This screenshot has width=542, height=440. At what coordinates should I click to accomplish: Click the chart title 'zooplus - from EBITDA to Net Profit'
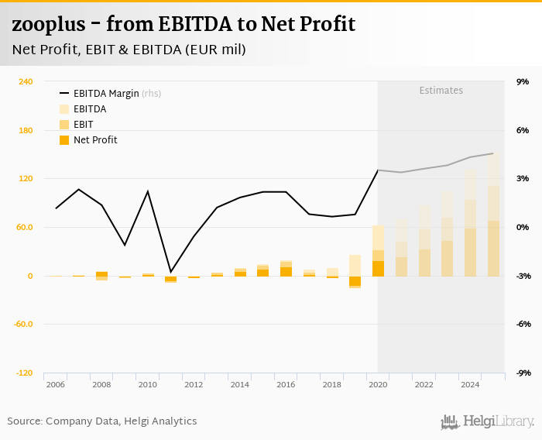pos(184,24)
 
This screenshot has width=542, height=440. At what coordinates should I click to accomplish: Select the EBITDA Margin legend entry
pos(106,94)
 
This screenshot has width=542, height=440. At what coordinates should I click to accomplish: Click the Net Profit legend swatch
pos(64,140)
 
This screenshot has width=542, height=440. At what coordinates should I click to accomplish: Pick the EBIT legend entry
pos(83,125)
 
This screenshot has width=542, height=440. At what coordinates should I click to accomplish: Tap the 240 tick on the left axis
pos(26,81)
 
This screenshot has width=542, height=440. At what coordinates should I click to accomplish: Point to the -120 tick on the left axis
pos(26,373)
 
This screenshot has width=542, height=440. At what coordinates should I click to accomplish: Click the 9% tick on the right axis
pos(523,81)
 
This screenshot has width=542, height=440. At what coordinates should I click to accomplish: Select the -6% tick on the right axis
pos(523,324)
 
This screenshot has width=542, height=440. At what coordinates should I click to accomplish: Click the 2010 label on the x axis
pos(147,384)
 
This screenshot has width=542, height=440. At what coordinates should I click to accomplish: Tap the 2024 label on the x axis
pos(469,384)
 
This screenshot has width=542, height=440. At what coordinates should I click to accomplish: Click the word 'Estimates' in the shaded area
pos(441,91)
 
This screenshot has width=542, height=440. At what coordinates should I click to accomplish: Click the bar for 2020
pos(378,252)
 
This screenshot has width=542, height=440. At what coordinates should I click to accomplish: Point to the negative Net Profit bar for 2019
pos(355,281)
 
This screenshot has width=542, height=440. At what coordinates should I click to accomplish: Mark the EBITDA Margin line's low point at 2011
pos(170,272)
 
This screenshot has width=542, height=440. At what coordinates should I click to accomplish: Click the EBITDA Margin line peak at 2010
pos(148,191)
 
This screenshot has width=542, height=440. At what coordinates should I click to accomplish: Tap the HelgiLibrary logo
pos(488,421)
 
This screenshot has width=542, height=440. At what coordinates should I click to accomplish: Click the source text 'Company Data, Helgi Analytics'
pos(122,421)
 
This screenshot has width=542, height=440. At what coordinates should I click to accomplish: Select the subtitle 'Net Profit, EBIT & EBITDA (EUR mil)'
pos(129,50)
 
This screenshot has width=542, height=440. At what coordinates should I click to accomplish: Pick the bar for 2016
pos(286,269)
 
